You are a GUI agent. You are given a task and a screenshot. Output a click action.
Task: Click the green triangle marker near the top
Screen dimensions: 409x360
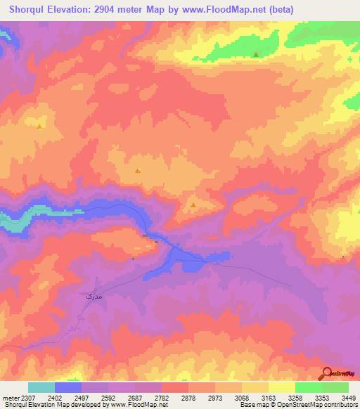[x=256, y=54]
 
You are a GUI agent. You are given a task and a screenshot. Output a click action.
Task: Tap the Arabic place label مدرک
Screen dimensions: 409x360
[x=84, y=298]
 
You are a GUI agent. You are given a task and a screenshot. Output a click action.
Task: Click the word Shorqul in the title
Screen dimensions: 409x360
[x=29, y=9]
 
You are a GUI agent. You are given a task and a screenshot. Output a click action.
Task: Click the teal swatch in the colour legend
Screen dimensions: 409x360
[x=41, y=387]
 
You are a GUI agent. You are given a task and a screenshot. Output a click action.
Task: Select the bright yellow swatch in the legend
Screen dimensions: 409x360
[x=282, y=387]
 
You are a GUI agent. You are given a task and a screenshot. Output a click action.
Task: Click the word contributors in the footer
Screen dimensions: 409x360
[x=340, y=405]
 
